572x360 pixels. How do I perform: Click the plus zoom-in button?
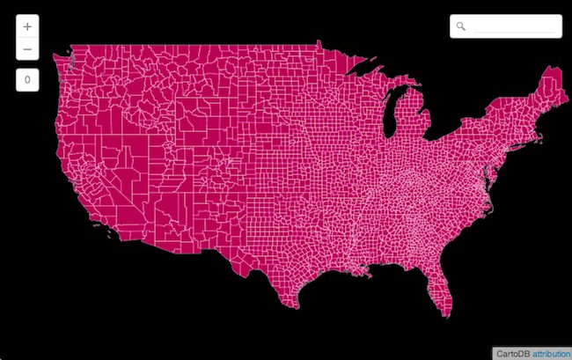pos(27,26)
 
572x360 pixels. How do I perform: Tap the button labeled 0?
pos(27,80)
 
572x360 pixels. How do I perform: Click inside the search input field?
pos(514,26)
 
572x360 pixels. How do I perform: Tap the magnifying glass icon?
pos(460,26)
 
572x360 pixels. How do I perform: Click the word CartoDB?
pos(512,352)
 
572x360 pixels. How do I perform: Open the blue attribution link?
pos(551,352)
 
